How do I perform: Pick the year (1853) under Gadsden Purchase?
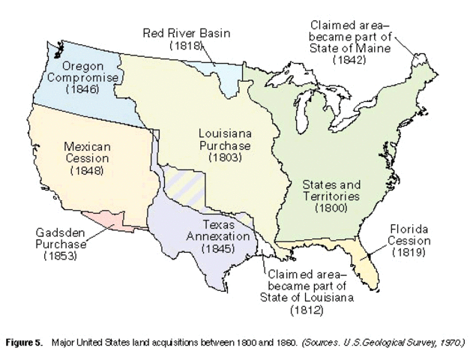59,256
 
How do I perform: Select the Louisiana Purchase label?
224,139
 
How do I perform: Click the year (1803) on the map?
224,158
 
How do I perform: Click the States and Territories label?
331,190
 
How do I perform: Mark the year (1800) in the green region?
331,207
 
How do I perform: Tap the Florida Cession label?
409,235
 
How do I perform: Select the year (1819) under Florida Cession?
409,252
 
